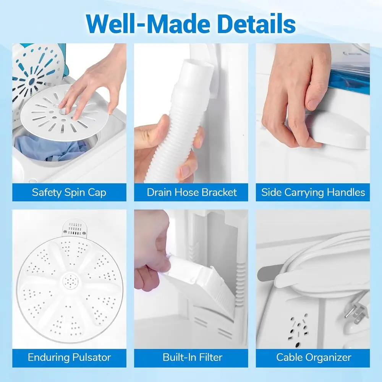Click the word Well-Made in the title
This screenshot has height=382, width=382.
[147, 23]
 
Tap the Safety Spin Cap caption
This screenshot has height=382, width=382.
[69, 192]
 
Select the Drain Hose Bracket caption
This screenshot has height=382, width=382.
[191, 192]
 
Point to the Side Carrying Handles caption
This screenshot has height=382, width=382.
[313, 192]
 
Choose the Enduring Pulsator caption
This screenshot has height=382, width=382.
[69, 358]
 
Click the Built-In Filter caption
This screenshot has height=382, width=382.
[192, 358]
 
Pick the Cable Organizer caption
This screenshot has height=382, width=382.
[314, 358]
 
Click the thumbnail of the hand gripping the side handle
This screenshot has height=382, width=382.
[312, 105]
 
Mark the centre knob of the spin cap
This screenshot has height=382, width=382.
[62, 111]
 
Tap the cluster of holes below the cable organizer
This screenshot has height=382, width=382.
[298, 330]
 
